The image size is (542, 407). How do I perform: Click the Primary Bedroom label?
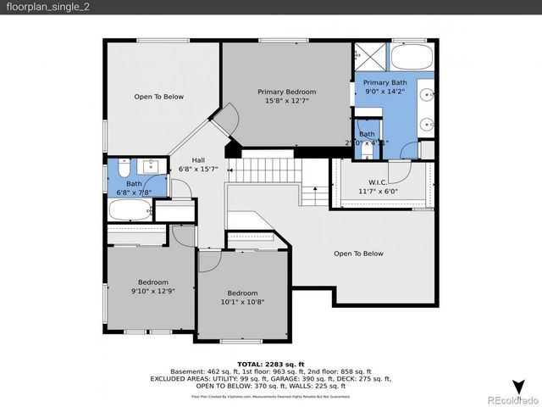coord(286,92)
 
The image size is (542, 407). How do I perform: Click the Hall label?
coord(197,159)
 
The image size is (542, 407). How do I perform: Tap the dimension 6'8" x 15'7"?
coord(197,169)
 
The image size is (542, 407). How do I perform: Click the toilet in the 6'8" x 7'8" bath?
coord(124,165)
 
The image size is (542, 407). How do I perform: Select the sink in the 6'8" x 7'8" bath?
coord(153,164)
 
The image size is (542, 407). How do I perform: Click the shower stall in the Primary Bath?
coord(369,57)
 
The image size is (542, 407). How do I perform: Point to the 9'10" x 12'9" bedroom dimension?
coord(153,292)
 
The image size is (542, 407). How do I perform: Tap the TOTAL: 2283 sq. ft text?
coord(271,363)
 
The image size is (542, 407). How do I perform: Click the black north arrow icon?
coord(517,387)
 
